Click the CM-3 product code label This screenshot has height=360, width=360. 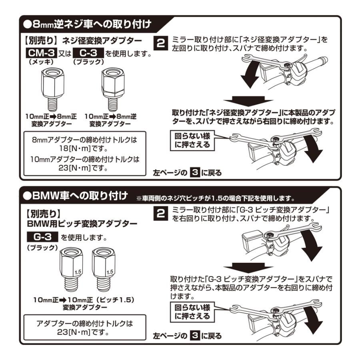tap(41, 53)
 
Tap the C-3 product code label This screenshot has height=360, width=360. tap(88, 53)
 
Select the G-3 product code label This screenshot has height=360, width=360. tap(42, 237)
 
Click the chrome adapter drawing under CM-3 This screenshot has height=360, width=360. tap(52, 90)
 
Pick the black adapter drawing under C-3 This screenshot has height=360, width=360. tap(112, 90)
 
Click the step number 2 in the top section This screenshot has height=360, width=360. tap(161, 43)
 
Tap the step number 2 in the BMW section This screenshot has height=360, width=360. tap(161, 214)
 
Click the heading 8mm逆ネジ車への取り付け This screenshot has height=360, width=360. tap(88, 24)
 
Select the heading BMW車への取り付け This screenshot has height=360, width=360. tap(76, 196)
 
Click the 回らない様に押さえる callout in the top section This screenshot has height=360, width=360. tap(192, 140)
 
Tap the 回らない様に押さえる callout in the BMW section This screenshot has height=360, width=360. tap(192, 312)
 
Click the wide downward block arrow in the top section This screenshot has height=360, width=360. tap(248, 101)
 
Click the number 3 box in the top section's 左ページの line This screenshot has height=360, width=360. tap(195, 173)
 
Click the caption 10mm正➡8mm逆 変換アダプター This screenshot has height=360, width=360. tap(110, 120)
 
